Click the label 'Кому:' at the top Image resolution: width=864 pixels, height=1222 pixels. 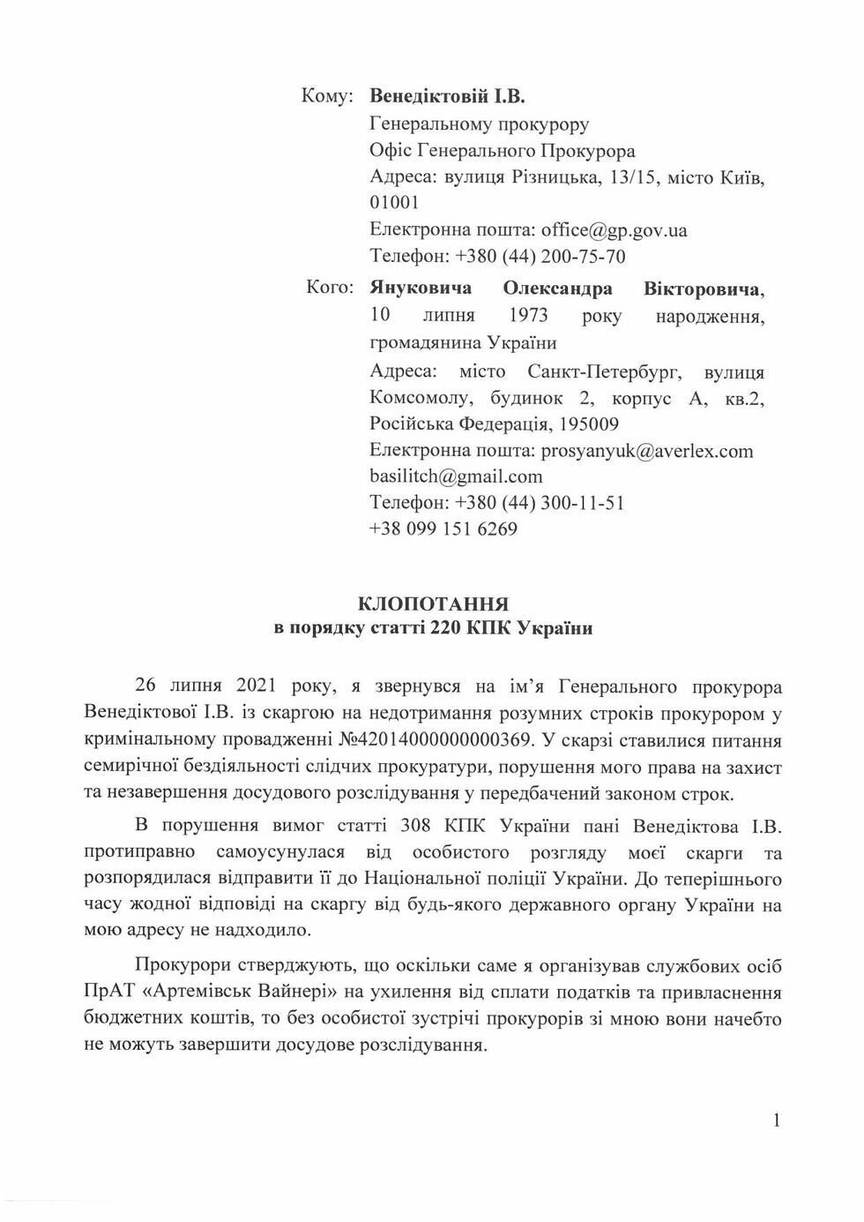[x=327, y=95]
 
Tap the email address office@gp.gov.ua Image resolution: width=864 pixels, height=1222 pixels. [x=614, y=230]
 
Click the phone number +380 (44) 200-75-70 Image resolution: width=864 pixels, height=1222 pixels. [x=540, y=257]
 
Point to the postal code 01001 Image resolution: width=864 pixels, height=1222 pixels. [x=394, y=203]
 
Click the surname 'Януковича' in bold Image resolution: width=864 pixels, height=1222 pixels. [x=421, y=289]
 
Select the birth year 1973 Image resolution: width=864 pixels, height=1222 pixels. [x=528, y=315]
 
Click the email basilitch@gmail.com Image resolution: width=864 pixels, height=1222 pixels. [x=456, y=476]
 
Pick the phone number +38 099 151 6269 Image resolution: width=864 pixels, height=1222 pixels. [x=443, y=529]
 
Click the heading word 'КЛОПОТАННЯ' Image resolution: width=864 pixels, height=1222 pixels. [x=433, y=604]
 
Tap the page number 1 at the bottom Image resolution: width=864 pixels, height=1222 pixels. [x=776, y=1121]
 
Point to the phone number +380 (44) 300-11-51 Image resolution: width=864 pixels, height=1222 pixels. [x=540, y=503]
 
